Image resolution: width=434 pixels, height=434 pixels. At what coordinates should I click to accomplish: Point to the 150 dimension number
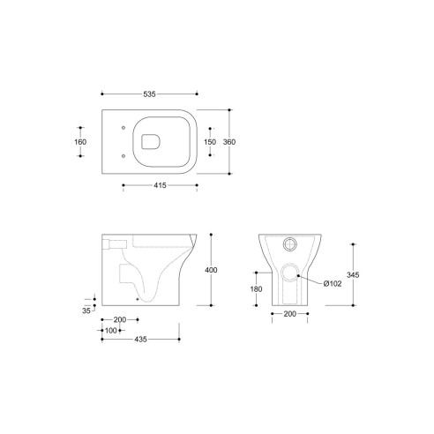(211, 141)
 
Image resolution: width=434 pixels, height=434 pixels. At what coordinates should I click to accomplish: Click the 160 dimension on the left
(80, 141)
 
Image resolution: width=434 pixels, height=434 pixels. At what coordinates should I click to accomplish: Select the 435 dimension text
(140, 338)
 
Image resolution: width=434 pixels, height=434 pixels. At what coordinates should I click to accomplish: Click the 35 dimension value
(86, 311)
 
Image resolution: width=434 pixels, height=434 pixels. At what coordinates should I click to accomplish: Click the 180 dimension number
(255, 288)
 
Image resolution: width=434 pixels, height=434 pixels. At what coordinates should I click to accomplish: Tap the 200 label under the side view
(120, 320)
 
